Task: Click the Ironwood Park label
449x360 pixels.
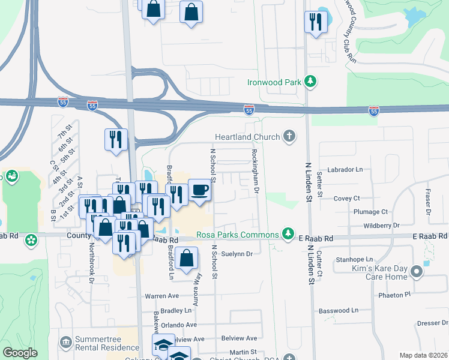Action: (275, 82)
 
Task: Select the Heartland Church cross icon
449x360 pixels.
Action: (289, 136)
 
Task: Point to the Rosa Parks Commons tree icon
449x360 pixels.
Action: (289, 233)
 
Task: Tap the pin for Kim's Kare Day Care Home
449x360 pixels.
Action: (415, 274)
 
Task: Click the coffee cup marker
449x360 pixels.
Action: (200, 190)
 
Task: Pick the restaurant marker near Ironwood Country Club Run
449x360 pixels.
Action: (316, 22)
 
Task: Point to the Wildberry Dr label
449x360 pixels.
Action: (381, 226)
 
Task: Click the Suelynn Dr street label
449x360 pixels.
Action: (237, 254)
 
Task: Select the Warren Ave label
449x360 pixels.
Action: (161, 296)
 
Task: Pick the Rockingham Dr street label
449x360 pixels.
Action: (255, 172)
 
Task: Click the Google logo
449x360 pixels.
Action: (20, 352)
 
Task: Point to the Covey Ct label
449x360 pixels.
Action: (346, 198)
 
